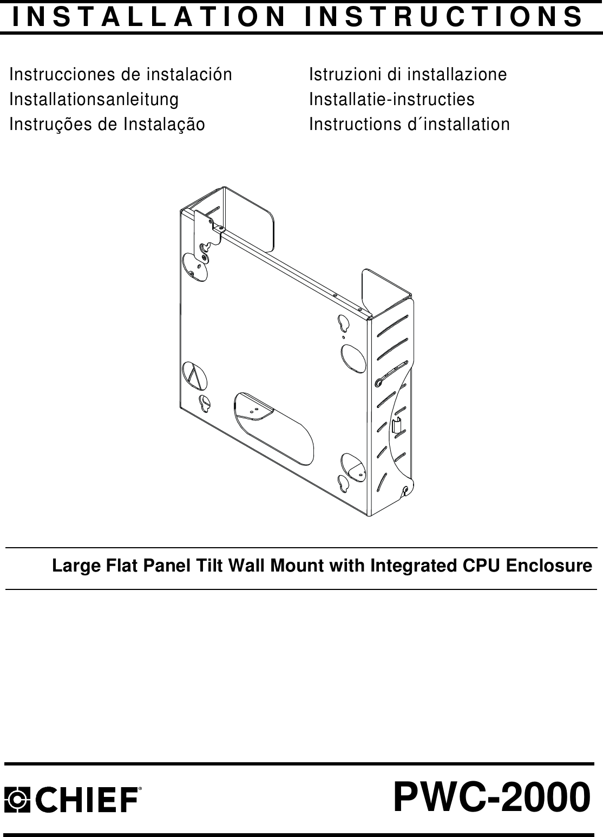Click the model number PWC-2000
point(491,798)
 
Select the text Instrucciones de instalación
point(121,74)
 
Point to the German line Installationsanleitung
point(94,99)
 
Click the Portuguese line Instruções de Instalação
point(107,124)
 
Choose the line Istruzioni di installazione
point(408,74)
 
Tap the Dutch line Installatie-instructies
point(391,99)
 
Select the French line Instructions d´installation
point(409,124)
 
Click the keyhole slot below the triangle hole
point(205,404)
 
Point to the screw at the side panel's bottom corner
point(405,490)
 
